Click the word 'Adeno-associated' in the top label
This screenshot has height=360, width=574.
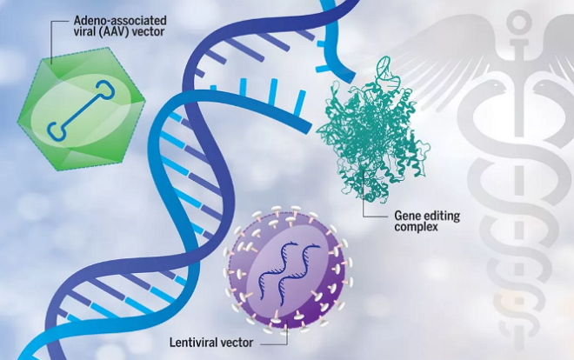[x=120, y=20]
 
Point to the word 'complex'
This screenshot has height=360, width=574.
[x=416, y=227]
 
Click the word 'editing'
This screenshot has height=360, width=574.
[x=440, y=216]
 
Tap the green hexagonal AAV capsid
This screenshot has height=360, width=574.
[x=82, y=109]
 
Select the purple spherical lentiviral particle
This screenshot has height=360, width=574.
[x=288, y=270]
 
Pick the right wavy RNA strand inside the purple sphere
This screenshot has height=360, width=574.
[x=299, y=275]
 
